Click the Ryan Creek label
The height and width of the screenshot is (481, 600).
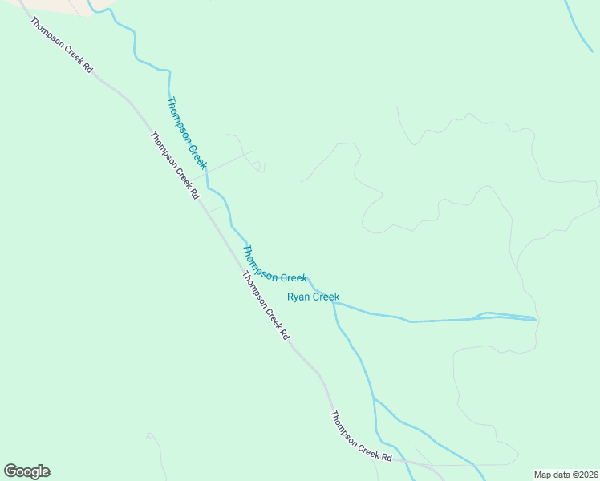click(313, 297)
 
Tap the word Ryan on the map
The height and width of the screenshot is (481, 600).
click(298, 297)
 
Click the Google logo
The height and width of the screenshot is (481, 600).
click(26, 471)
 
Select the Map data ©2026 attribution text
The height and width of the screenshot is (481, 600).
click(566, 475)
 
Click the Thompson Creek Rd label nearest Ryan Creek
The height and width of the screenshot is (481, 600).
click(265, 305)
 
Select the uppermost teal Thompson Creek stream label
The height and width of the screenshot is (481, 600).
click(187, 132)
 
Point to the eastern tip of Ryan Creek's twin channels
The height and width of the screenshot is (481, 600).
click(536, 319)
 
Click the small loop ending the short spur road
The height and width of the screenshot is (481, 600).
click(261, 168)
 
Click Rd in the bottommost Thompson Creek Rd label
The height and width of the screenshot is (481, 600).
click(387, 457)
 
